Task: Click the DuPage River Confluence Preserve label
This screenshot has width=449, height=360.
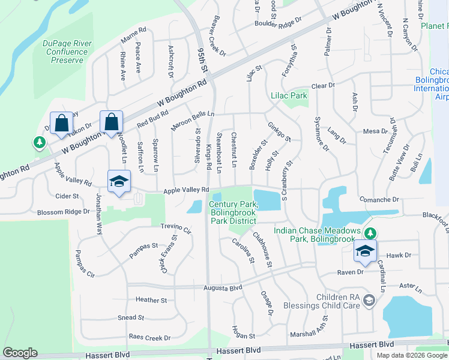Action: point(63,52)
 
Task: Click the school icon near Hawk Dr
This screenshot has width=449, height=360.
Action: point(364,252)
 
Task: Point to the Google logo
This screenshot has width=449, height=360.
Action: point(20,353)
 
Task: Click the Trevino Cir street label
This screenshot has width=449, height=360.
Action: point(175,229)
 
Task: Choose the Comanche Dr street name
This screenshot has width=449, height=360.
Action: point(379,199)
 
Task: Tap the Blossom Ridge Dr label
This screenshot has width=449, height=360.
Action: point(63,212)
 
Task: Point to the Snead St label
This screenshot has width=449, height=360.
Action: point(131,317)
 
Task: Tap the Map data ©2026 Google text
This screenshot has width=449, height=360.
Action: point(412,355)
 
